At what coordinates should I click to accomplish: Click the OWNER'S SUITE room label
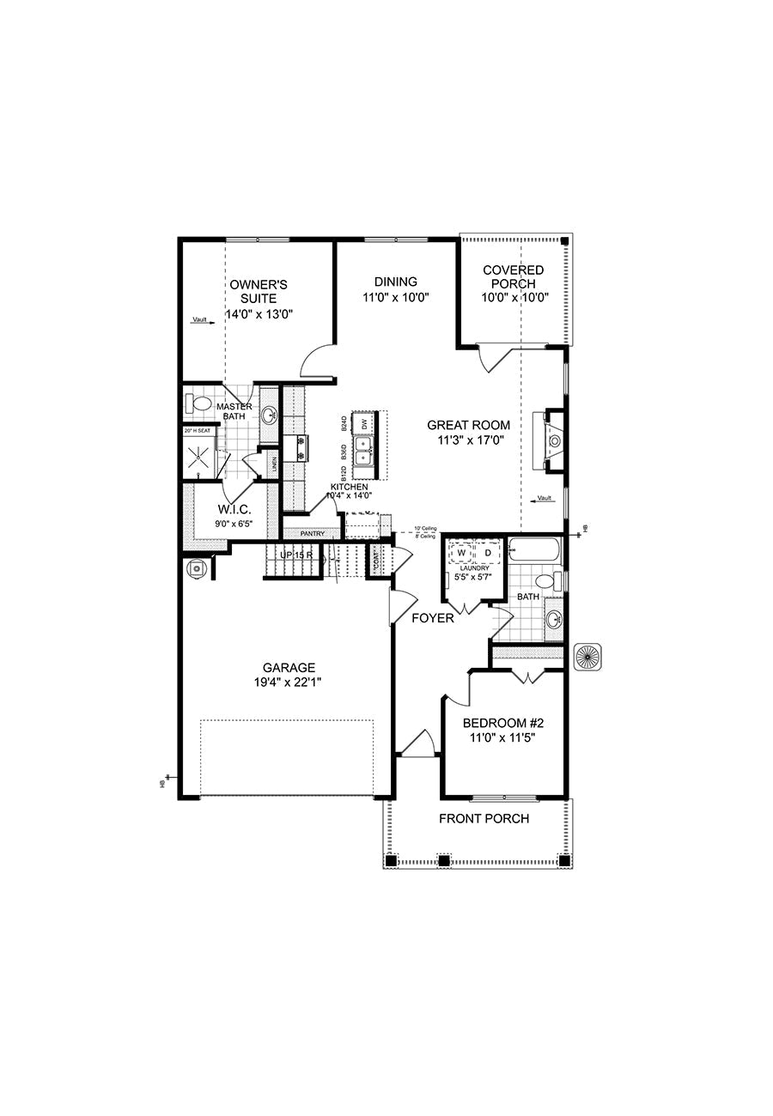coord(258,291)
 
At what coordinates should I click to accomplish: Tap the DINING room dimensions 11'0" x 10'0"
coord(395,297)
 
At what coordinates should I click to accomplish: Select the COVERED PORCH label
coord(513,277)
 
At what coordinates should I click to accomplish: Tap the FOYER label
coord(432,618)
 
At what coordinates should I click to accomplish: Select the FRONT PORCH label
coord(484,819)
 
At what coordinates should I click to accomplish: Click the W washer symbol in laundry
coord(461,553)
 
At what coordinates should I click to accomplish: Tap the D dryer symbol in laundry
coord(486,553)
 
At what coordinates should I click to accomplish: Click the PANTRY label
coord(313,533)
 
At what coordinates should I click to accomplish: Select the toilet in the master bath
coord(200,403)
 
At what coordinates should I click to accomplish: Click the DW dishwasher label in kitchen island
coord(365,423)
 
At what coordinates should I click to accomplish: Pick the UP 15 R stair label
coord(296,555)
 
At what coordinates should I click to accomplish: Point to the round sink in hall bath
coord(554,616)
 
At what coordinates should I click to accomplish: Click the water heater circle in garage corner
coord(198,567)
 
